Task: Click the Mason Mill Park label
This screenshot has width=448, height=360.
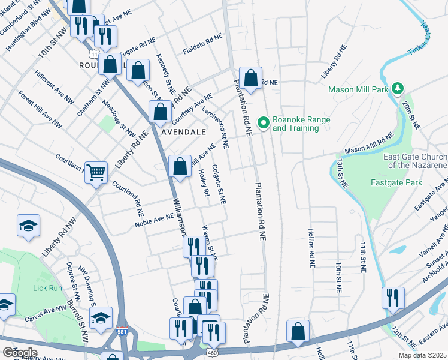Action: coord(359,89)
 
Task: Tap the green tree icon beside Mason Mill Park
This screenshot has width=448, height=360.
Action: coord(396,89)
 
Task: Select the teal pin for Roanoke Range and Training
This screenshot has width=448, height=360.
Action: coord(262,122)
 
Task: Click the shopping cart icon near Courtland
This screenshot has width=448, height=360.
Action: coord(96,172)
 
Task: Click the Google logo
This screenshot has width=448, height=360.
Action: coord(20,353)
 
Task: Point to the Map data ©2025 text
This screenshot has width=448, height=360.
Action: coord(422,355)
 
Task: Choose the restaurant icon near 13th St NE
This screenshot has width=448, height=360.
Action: coord(393,298)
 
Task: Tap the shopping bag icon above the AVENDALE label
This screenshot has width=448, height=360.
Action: coord(161,112)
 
